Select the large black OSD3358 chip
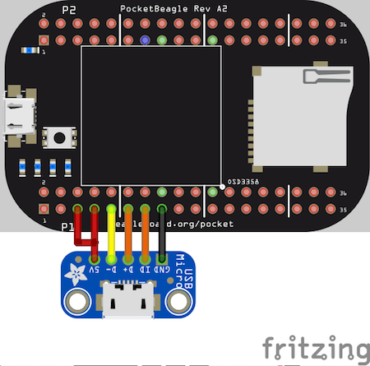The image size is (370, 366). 150,114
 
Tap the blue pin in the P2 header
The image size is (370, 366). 145,39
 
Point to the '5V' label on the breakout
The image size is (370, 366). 95,269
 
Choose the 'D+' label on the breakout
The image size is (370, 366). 127,269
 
